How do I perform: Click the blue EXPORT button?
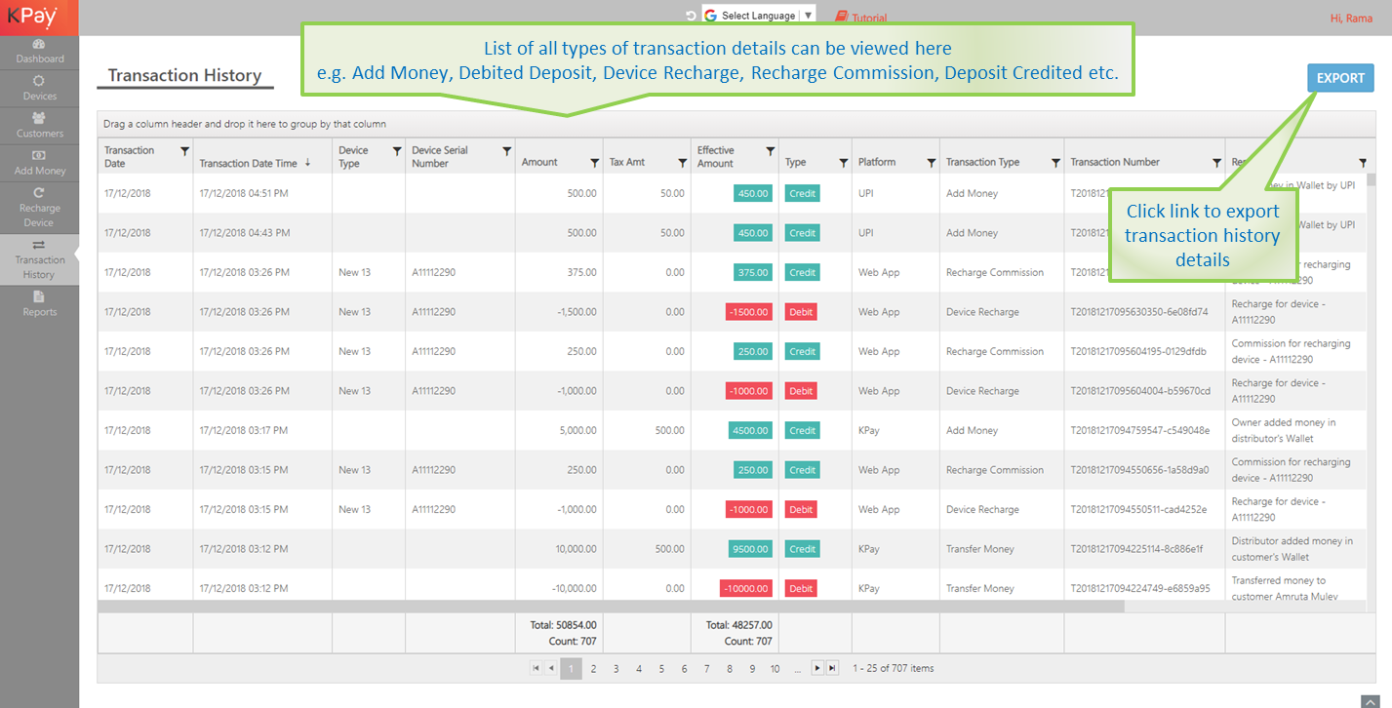coord(1340,78)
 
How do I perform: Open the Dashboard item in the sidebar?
coord(39,52)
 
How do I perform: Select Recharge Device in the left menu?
coord(39,208)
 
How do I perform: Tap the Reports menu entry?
coord(39,304)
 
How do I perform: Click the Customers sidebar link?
coord(39,126)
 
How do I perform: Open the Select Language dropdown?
coord(759,16)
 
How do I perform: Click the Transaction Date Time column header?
coord(248,163)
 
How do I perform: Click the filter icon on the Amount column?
coord(594,163)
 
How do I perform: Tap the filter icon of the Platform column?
coord(931,163)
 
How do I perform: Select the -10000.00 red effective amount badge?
coord(745,589)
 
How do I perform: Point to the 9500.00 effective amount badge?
coord(749,549)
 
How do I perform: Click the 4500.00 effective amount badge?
coord(749,431)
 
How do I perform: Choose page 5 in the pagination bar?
coord(661,669)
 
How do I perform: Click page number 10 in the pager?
coord(775,669)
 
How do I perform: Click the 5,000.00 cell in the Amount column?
coord(576,431)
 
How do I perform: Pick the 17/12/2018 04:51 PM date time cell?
coord(244,194)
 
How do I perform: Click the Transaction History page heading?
coord(184,76)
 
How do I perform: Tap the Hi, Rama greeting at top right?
coord(1351,19)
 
